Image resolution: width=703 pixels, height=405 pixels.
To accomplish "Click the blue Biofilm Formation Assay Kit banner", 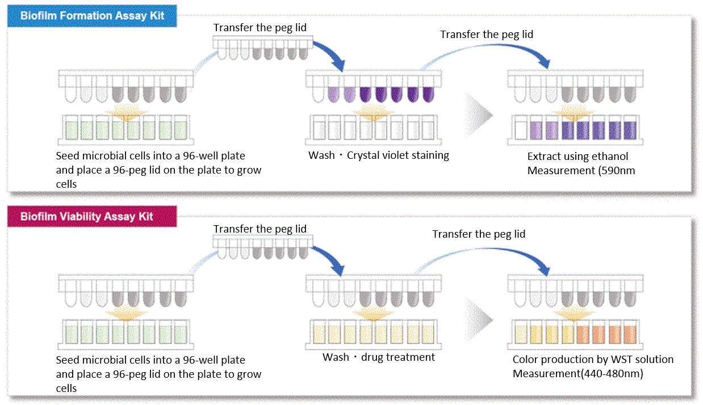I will click(92, 16).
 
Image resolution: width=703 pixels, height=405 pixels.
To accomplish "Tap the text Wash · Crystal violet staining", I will click(379, 155).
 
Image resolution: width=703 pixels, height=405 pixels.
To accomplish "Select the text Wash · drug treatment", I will click(379, 357).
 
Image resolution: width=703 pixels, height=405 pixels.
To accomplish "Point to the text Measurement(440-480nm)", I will click(578, 374).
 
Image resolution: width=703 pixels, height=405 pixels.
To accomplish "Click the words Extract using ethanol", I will click(578, 156).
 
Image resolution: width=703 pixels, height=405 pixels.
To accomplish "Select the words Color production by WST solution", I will click(593, 360).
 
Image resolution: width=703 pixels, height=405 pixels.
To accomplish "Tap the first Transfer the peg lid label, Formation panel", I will click(260, 28).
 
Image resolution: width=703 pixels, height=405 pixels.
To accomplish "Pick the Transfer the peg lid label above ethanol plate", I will click(487, 35).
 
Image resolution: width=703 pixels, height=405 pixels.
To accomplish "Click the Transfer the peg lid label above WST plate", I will click(479, 234).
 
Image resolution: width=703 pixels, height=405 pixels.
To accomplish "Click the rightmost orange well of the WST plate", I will click(629, 333).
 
